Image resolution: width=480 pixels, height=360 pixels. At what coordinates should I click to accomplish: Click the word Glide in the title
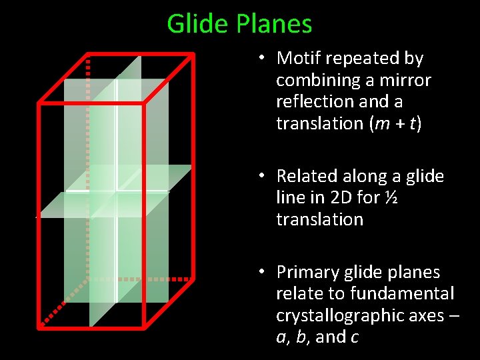click(x=198, y=25)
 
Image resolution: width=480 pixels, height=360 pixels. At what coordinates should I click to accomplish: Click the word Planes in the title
click(x=273, y=25)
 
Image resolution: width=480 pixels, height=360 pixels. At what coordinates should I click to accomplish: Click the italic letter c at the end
click(x=354, y=337)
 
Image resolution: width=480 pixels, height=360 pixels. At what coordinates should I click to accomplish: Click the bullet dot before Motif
click(x=264, y=59)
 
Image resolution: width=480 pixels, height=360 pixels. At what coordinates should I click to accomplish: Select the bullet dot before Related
click(x=264, y=176)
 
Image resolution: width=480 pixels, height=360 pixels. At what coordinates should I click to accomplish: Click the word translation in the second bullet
click(x=319, y=219)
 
